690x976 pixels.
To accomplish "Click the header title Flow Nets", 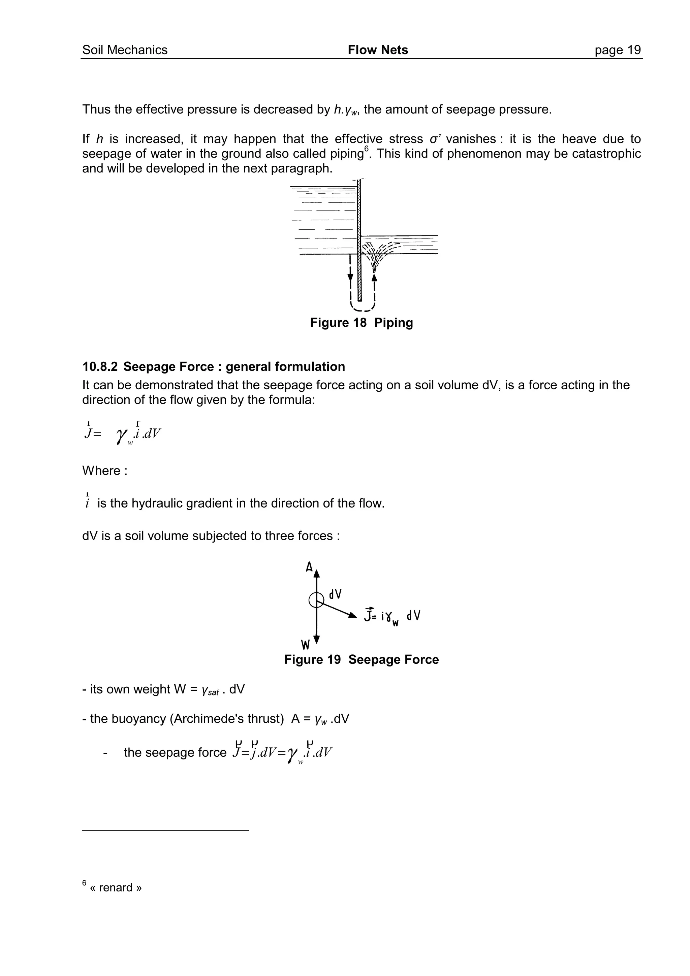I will (378, 50).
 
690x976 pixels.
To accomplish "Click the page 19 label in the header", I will (617, 50).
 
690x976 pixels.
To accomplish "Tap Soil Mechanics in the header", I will (125, 50).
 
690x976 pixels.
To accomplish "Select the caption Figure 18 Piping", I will (362, 323).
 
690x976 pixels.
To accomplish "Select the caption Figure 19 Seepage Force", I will (362, 659).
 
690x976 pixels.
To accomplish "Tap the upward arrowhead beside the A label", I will (316, 574).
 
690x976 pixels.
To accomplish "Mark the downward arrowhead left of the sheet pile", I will (350, 278).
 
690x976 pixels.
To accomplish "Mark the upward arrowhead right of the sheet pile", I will (375, 277).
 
